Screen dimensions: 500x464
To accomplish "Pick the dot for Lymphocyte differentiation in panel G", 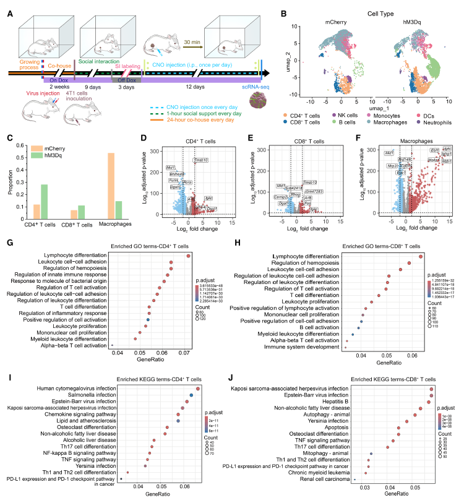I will coord(188,255).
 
